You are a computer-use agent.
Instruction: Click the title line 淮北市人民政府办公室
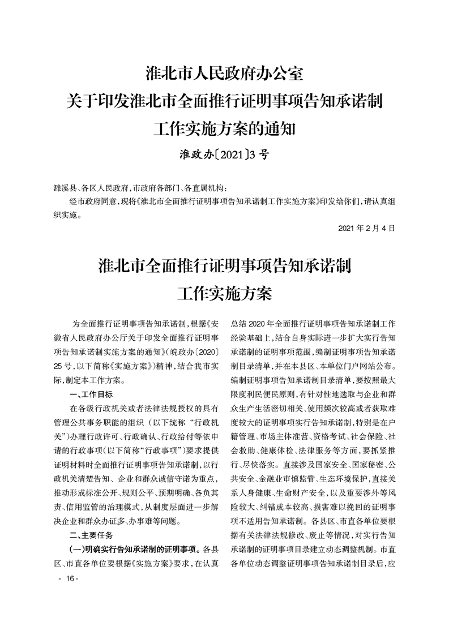point(225,74)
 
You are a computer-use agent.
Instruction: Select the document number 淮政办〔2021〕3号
point(224,155)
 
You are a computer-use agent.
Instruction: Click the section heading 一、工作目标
point(90,394)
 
